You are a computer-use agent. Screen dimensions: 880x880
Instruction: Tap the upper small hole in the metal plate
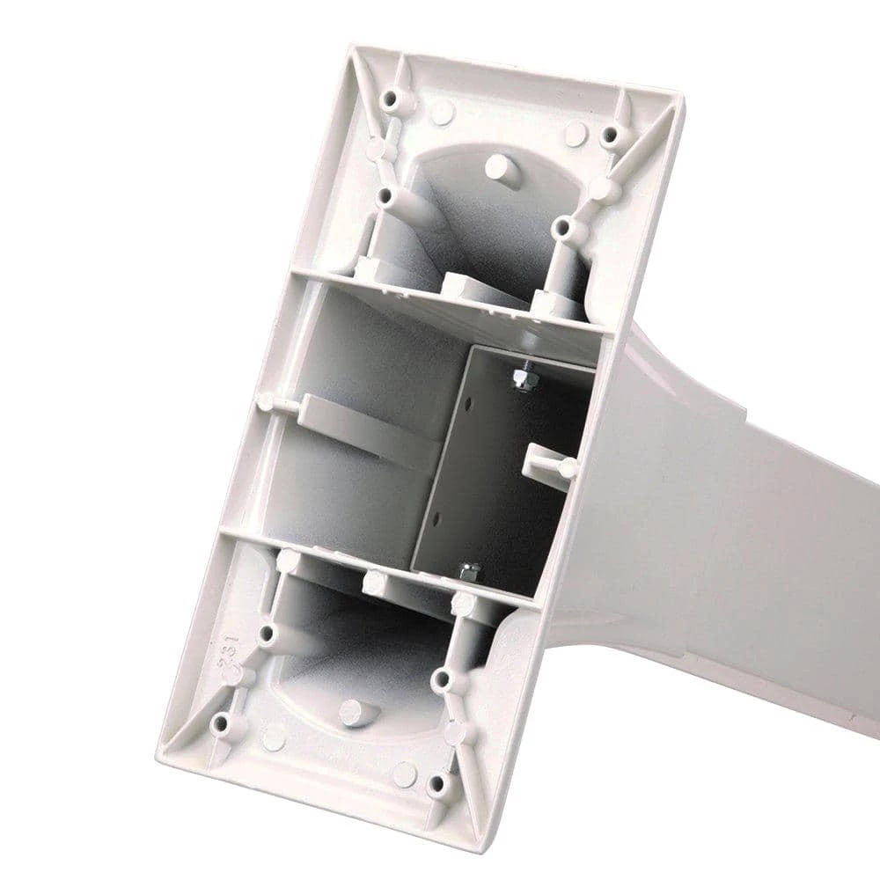click(468, 403)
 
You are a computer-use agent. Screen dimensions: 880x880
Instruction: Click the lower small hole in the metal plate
click(436, 517)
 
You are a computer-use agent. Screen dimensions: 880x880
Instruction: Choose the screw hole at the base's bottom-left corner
click(220, 723)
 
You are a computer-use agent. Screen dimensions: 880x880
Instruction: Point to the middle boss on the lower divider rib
click(373, 582)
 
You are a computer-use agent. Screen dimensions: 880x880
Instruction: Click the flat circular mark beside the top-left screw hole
click(442, 111)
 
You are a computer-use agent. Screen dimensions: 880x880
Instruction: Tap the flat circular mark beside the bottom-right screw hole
click(404, 774)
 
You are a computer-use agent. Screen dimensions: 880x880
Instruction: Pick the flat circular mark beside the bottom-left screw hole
click(274, 737)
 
